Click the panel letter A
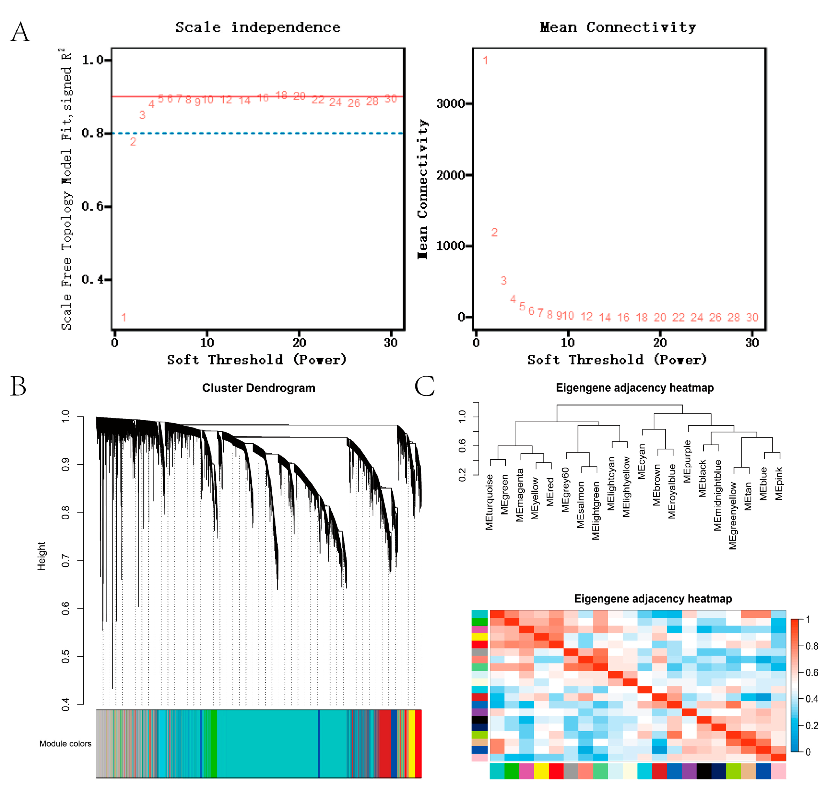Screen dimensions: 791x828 coord(20,33)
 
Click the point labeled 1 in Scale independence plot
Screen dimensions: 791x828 coord(124,317)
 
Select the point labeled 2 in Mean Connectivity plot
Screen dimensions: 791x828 coord(494,232)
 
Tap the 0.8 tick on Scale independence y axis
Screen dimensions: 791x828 coord(93,133)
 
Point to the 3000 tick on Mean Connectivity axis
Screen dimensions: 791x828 coord(450,104)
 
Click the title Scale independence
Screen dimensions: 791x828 coord(258,27)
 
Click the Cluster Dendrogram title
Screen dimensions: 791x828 coord(258,388)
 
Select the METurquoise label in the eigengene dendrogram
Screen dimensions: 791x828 coord(489,502)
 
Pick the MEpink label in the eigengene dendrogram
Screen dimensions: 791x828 coord(779,484)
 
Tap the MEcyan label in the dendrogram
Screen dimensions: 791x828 coord(641,462)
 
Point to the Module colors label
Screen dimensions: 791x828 coord(65,744)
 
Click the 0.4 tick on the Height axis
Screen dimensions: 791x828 coord(66,704)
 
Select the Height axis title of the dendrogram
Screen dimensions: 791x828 coord(41,556)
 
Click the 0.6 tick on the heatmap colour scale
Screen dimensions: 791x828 coord(812,673)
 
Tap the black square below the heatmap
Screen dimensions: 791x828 coord(704,771)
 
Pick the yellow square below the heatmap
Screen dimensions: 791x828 coord(541,771)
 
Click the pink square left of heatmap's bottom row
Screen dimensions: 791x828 coord(479,758)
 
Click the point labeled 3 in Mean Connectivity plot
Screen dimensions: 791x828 coord(504,281)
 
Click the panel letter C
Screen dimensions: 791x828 coord(424,386)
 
